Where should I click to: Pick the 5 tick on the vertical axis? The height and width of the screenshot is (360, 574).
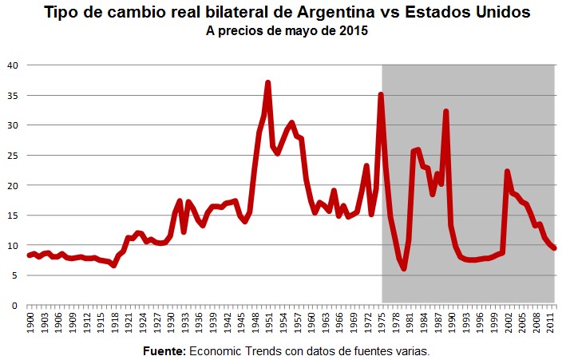click(x=14, y=275)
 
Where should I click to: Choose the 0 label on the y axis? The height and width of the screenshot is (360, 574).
click(x=14, y=306)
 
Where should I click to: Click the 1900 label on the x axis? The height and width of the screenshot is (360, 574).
click(x=30, y=323)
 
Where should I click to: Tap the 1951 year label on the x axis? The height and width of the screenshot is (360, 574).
click(x=268, y=323)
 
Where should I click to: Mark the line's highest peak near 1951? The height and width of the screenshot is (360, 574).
click(x=268, y=83)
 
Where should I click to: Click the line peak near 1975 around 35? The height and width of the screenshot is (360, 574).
click(x=381, y=95)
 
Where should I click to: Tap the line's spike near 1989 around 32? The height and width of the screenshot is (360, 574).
click(x=446, y=112)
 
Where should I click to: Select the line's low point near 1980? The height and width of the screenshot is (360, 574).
click(x=404, y=268)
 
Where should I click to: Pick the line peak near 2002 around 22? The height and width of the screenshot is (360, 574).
click(x=508, y=172)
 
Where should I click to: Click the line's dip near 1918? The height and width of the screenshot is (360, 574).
click(x=114, y=265)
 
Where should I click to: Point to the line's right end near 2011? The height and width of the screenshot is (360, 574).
click(x=554, y=248)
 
